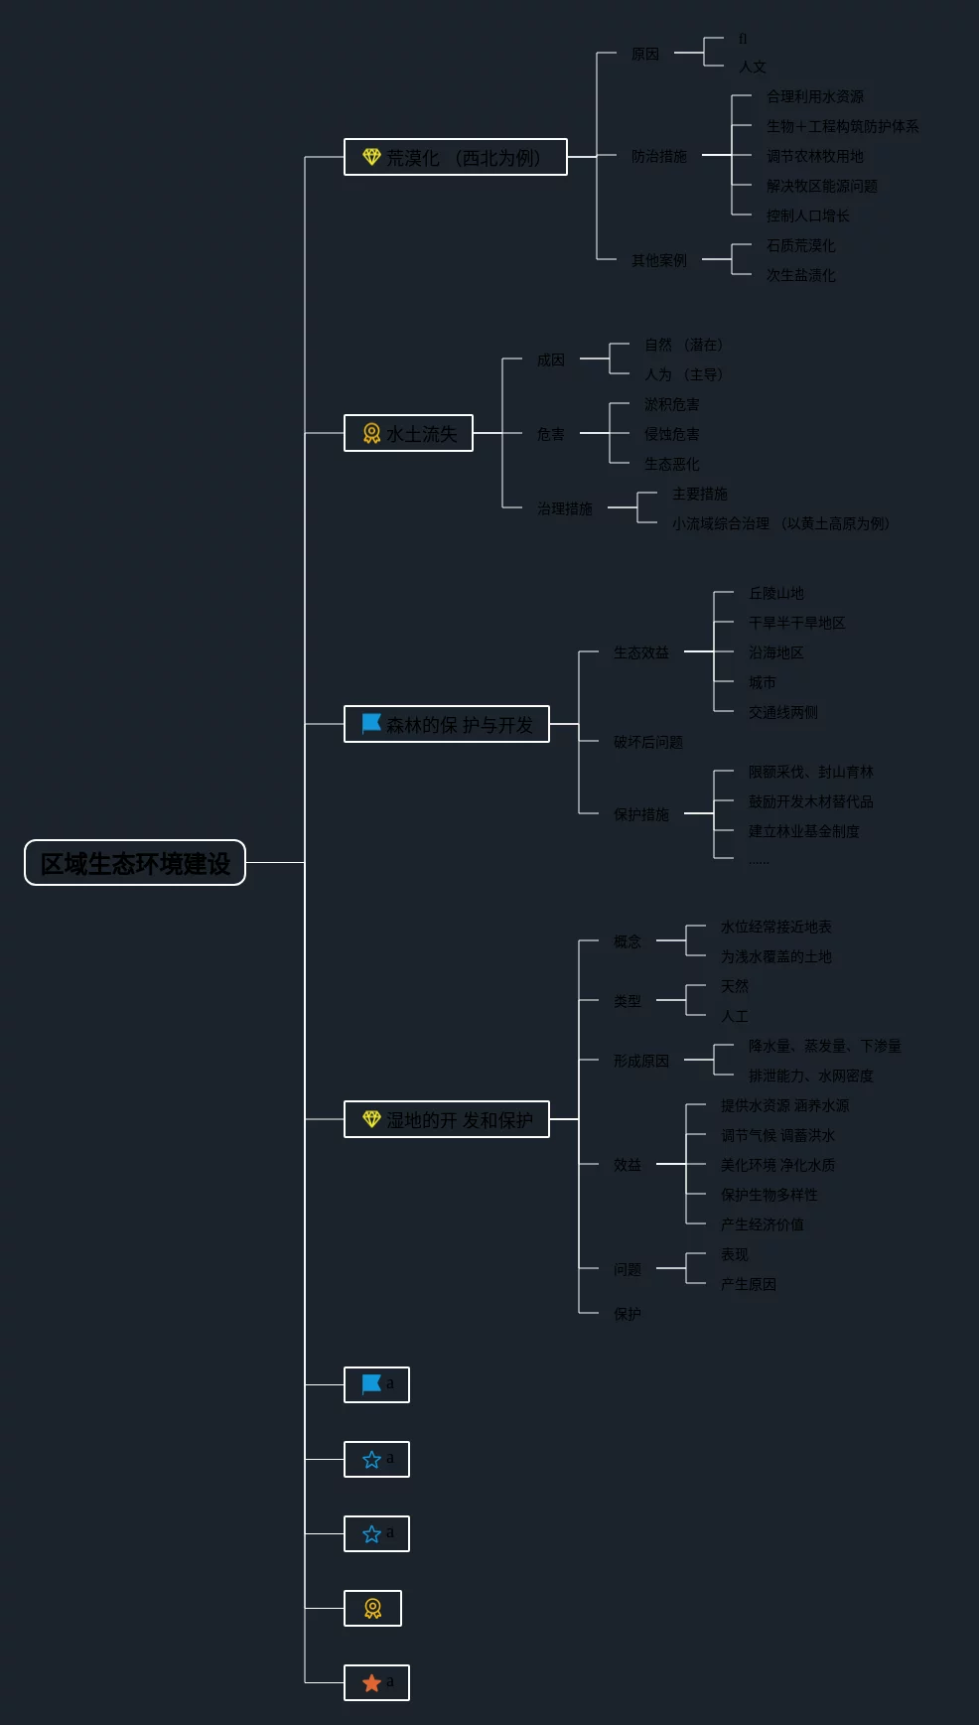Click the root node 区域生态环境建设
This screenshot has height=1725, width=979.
(x=135, y=863)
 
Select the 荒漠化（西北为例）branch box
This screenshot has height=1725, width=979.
(x=455, y=157)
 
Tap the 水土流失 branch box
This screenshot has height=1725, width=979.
(x=408, y=433)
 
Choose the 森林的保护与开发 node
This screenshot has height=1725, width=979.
(x=446, y=724)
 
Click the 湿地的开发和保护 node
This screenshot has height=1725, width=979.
(x=446, y=1119)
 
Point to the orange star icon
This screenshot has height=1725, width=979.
(x=372, y=1682)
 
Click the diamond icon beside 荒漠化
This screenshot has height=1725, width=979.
(x=371, y=157)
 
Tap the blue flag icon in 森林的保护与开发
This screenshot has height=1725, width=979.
(x=371, y=723)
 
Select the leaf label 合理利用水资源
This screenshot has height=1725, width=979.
(x=814, y=96)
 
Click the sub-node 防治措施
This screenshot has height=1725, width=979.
(x=658, y=156)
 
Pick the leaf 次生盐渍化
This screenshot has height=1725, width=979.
(x=800, y=275)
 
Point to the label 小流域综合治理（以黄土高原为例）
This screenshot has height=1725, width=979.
(x=780, y=523)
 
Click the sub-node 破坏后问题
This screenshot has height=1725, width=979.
(x=647, y=742)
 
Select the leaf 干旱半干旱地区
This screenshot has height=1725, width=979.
(x=796, y=623)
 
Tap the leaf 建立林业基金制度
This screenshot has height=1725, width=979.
(x=803, y=831)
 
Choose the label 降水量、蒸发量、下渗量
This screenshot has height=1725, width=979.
(x=824, y=1046)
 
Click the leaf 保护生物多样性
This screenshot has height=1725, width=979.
(x=769, y=1195)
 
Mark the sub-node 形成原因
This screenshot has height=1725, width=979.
(x=640, y=1061)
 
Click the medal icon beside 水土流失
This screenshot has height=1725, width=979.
(x=371, y=433)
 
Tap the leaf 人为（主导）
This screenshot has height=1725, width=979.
(x=683, y=374)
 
